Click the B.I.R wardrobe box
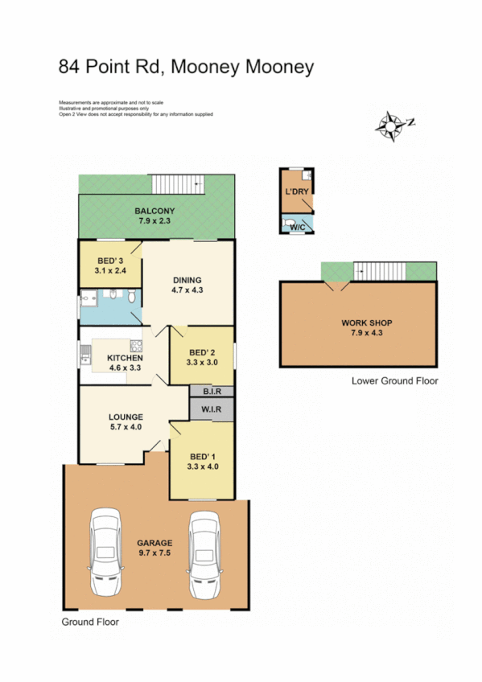[x=212, y=391]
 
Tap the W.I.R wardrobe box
[x=212, y=409]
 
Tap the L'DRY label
[x=297, y=193]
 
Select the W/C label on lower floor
[x=296, y=228]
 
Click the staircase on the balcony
[x=179, y=184]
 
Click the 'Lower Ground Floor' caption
[x=395, y=380]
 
